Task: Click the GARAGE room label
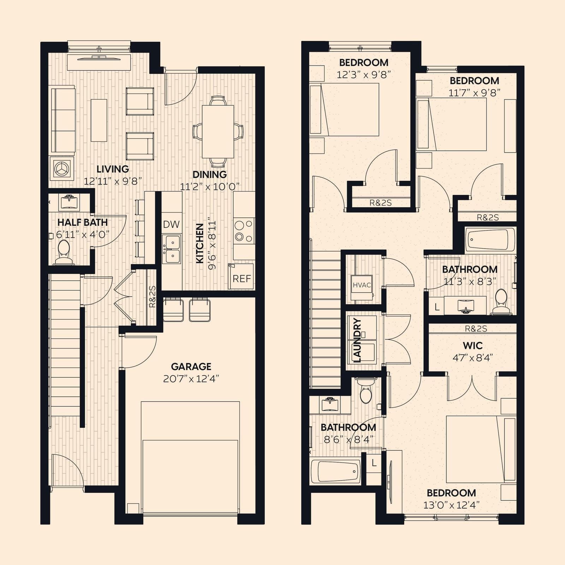click(x=191, y=367)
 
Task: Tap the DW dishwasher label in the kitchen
click(x=171, y=224)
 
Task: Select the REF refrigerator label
click(x=242, y=279)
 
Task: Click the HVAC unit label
click(x=362, y=285)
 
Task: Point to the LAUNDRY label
click(x=357, y=340)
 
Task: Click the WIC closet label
click(x=472, y=345)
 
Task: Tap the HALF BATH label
click(x=82, y=222)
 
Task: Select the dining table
click(x=218, y=131)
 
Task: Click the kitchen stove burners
click(x=244, y=230)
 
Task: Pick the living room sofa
click(x=63, y=120)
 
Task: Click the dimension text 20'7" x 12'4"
click(x=191, y=379)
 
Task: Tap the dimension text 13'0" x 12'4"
click(x=451, y=505)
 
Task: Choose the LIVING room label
click(x=113, y=169)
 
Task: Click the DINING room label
click(x=210, y=174)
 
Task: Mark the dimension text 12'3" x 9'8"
click(x=364, y=75)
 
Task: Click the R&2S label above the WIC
click(x=476, y=329)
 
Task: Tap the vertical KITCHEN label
click(x=200, y=243)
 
